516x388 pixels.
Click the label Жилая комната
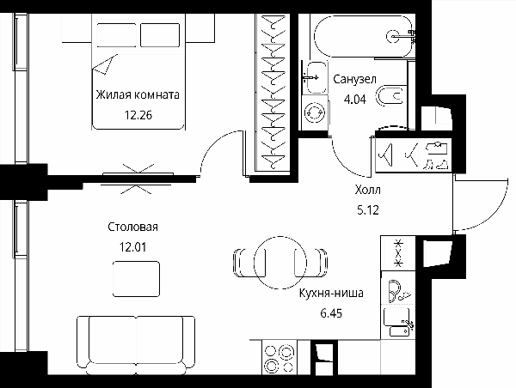point(138,95)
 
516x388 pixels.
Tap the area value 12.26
point(138,115)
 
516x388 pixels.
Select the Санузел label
point(354,79)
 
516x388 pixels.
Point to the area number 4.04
point(354,100)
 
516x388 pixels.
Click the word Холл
point(368,190)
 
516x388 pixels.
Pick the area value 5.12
point(368,209)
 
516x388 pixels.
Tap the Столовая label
point(133,227)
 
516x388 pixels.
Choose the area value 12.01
point(132,247)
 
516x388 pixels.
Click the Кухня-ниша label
point(331,293)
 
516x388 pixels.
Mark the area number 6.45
point(331,313)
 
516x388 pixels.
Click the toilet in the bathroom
point(391,96)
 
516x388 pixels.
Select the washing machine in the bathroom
point(315,112)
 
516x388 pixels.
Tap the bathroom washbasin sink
point(316,77)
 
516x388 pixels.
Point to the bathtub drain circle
point(393,36)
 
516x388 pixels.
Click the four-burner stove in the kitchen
point(279,358)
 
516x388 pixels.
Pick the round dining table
point(280,263)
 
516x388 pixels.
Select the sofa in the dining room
point(136,345)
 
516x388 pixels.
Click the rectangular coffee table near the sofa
point(136,279)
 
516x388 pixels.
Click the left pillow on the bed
point(116,35)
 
